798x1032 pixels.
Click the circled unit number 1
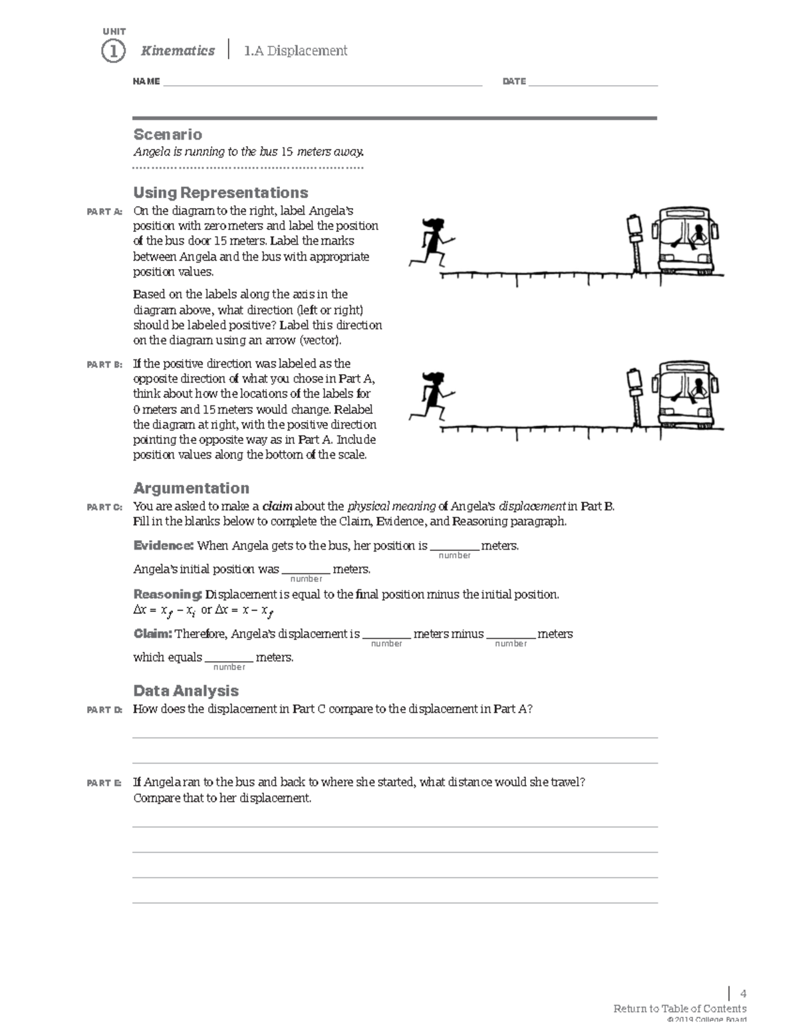click(x=113, y=51)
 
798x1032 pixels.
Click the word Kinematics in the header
click(x=178, y=51)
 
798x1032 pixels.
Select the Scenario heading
click(x=168, y=134)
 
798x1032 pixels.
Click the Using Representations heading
click(x=220, y=193)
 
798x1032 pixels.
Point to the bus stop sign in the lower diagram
click(x=634, y=392)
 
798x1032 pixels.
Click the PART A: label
click(x=104, y=212)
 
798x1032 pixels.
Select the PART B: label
click(x=104, y=364)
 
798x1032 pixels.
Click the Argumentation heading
click(x=191, y=488)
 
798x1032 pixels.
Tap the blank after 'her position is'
click(x=454, y=548)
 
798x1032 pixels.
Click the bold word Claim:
click(x=153, y=634)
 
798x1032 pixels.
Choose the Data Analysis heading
click(x=186, y=690)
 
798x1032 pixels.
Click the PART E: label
click(x=104, y=783)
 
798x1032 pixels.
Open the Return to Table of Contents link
click(x=680, y=1009)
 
